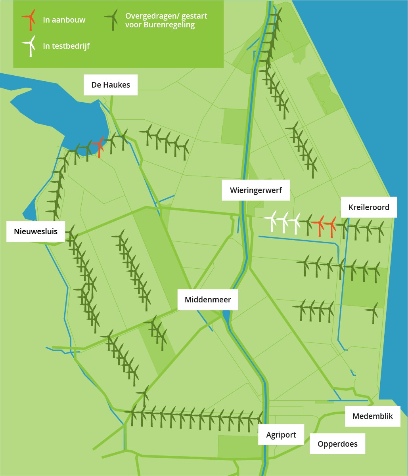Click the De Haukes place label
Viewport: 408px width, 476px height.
(x=111, y=85)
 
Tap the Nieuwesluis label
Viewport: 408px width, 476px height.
(x=36, y=231)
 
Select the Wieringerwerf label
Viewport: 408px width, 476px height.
(x=256, y=190)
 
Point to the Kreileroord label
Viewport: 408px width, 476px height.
(x=369, y=207)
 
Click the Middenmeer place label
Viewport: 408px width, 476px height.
(x=208, y=300)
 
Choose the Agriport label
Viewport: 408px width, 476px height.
(x=281, y=435)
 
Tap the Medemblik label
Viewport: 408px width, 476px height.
(x=373, y=416)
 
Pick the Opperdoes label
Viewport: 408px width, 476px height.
(x=337, y=444)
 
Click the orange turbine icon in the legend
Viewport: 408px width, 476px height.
(x=29, y=20)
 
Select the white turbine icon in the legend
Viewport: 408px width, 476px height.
(x=29, y=46)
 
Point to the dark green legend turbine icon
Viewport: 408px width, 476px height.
(x=111, y=20)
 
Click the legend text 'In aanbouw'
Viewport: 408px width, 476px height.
(x=64, y=20)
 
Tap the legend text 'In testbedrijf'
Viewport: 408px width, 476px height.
(x=66, y=46)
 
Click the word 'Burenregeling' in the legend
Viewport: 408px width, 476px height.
(x=169, y=25)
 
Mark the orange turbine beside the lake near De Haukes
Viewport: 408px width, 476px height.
(x=99, y=147)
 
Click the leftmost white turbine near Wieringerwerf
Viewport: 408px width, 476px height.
(x=271, y=221)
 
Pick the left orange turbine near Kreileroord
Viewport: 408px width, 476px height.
(x=319, y=226)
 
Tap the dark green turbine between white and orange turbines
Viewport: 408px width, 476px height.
(x=307, y=225)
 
